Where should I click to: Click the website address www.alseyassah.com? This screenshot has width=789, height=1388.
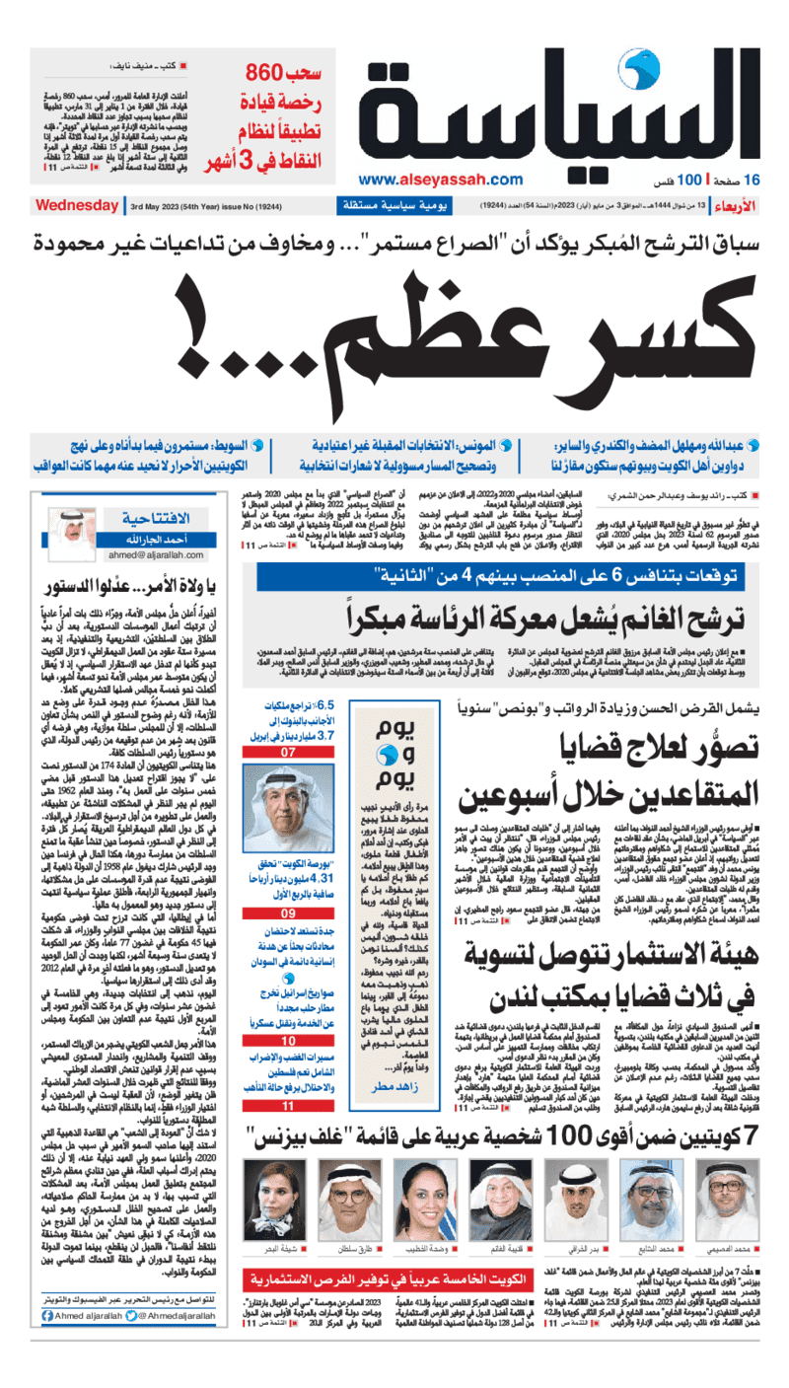tap(440, 180)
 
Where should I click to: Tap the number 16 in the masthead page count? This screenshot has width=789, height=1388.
tap(753, 181)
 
